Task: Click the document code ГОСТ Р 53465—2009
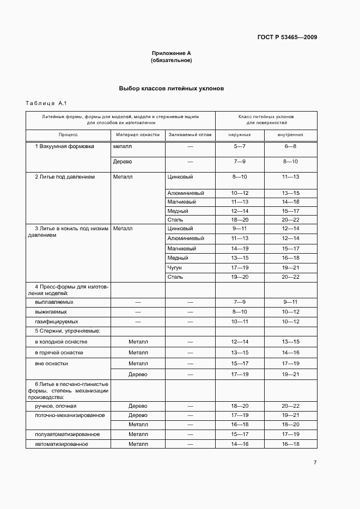click(x=287, y=38)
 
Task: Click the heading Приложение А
click(x=171, y=53)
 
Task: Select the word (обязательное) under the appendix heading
click(x=171, y=60)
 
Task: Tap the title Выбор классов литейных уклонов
click(x=171, y=88)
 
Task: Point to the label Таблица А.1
click(x=46, y=103)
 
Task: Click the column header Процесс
click(x=69, y=134)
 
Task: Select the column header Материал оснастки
click(x=138, y=134)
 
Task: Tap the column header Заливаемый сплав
click(x=190, y=134)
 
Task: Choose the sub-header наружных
click(x=240, y=134)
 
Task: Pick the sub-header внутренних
click(x=290, y=134)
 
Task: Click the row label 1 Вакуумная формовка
click(x=64, y=146)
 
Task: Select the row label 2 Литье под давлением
click(x=65, y=177)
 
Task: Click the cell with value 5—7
click(x=240, y=147)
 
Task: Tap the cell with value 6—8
click(x=290, y=147)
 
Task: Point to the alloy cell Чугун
click(x=175, y=268)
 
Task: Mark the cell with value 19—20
click(x=240, y=277)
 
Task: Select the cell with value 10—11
click(x=240, y=322)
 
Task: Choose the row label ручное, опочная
click(x=56, y=406)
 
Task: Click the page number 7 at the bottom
click(x=315, y=463)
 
